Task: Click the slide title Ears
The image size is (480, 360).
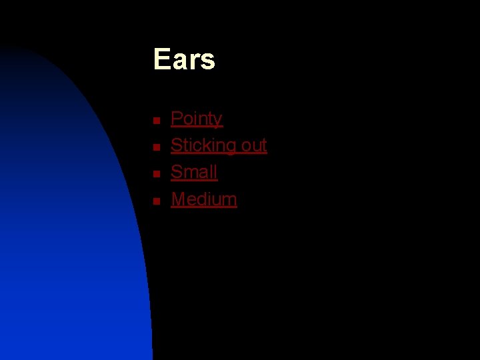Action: (x=184, y=59)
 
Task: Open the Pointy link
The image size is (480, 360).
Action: (x=196, y=119)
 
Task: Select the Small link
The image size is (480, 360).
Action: (x=194, y=172)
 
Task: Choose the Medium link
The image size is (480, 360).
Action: (x=203, y=199)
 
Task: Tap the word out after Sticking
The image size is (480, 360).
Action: (x=254, y=145)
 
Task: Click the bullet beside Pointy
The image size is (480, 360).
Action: (x=155, y=121)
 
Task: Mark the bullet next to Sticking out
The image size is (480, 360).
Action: (x=155, y=147)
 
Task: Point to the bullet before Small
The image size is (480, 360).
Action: (x=155, y=174)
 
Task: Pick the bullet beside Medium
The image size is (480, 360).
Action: (x=155, y=201)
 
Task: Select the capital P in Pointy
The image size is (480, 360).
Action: (x=177, y=119)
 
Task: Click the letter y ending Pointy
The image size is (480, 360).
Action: (x=217, y=121)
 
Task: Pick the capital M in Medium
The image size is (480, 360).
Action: (x=179, y=199)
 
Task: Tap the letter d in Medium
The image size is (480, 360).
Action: (x=199, y=199)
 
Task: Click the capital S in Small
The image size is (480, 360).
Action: (x=177, y=172)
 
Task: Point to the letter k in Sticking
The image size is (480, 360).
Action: (x=207, y=145)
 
